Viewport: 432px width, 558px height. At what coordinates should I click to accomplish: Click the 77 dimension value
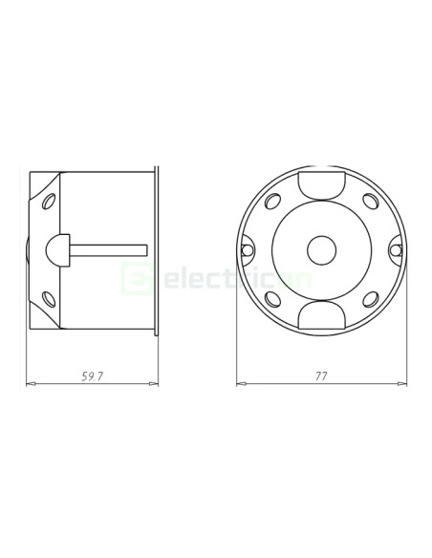coord(320,376)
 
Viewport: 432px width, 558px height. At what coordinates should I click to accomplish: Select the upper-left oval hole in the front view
coord(273,203)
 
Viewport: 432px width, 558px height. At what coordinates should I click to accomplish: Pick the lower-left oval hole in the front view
coord(273,298)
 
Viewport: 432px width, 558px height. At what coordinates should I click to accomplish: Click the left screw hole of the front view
coord(248,250)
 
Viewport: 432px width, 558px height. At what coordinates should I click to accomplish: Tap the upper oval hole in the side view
coord(47,204)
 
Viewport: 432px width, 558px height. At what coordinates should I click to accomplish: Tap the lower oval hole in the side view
coord(47,297)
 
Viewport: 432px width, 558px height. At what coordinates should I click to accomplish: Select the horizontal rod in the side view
coord(110,250)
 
